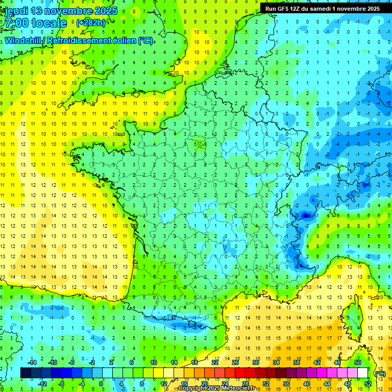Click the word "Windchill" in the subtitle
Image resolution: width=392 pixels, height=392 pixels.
click(23, 40)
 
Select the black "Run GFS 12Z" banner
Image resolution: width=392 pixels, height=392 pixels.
click(322, 9)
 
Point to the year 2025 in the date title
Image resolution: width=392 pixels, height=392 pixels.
click(106, 11)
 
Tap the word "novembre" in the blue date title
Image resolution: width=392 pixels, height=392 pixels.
click(69, 11)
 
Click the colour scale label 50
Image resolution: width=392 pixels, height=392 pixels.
click(357, 362)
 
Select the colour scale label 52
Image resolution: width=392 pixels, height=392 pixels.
click(367, 384)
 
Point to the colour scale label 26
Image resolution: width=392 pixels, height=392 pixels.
click(235, 362)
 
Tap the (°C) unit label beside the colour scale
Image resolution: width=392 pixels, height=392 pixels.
click(380, 374)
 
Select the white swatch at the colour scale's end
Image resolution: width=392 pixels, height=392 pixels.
click(362, 373)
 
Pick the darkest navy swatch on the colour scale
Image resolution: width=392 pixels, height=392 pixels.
click(26, 373)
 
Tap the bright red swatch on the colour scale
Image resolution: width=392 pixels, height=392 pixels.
click(240, 373)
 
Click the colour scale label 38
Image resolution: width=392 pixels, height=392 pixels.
click(296, 362)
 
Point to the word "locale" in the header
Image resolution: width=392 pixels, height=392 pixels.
click(48, 23)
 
